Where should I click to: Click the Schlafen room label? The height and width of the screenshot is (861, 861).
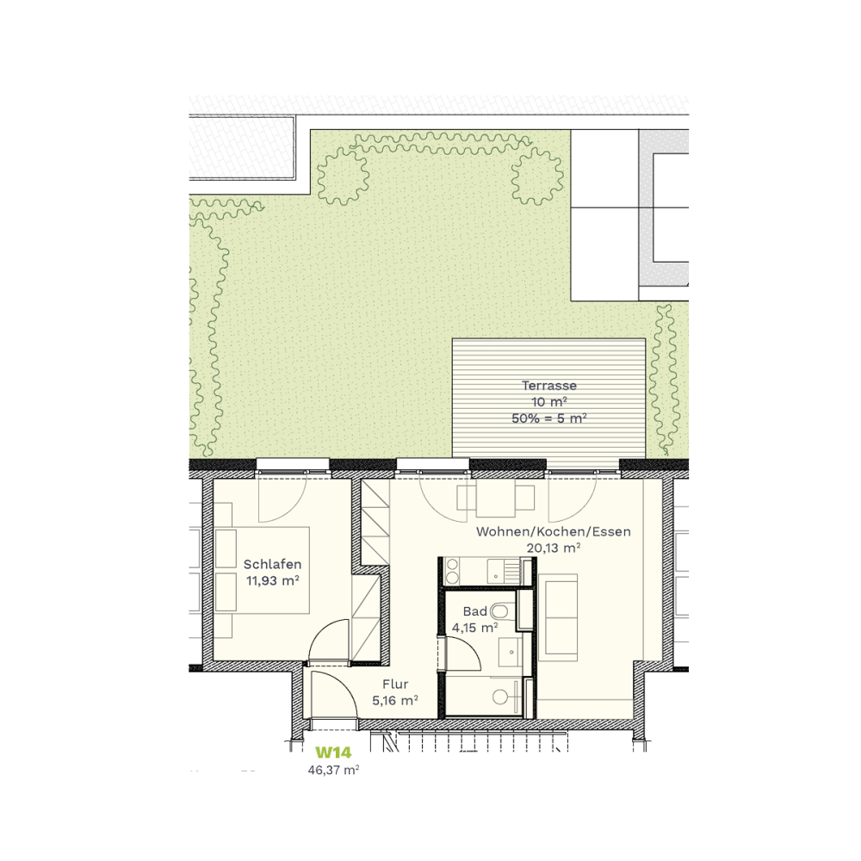tap(272, 564)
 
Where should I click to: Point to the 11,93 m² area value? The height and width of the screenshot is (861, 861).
tap(272, 580)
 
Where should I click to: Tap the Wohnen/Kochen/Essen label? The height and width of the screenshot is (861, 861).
tap(554, 531)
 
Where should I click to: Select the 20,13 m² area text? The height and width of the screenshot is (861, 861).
tap(554, 548)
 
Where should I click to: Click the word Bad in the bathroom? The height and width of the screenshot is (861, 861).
tap(475, 611)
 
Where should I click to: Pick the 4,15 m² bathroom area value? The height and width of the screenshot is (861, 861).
tap(475, 627)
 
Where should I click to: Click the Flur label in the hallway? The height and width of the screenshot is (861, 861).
tap(395, 684)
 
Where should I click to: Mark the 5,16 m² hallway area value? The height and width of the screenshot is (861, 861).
tap(395, 701)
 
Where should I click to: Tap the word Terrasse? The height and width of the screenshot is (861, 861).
tap(549, 386)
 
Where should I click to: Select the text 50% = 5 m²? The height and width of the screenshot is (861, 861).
tap(549, 418)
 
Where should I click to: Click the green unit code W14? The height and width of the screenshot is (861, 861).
tap(333, 753)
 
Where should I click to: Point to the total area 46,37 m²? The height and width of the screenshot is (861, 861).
tap(333, 770)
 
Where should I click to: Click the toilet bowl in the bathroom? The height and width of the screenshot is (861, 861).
tap(499, 610)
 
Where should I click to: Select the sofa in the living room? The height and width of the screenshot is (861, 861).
tap(558, 617)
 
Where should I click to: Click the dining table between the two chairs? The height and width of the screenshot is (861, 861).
tap(496, 498)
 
